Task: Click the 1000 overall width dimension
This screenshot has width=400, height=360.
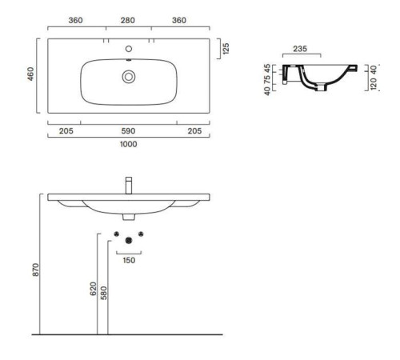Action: click(129, 144)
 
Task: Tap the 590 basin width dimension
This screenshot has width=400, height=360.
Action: click(128, 131)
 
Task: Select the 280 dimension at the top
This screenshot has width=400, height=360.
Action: click(128, 20)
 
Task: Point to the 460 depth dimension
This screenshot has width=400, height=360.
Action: click(31, 74)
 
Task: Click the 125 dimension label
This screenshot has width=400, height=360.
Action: click(226, 49)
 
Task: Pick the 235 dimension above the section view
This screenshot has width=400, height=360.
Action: click(300, 49)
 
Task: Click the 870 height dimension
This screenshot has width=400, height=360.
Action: click(36, 270)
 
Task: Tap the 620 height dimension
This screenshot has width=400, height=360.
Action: click(93, 289)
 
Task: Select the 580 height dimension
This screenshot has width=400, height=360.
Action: click(104, 293)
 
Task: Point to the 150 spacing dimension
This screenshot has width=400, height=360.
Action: click(129, 260)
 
